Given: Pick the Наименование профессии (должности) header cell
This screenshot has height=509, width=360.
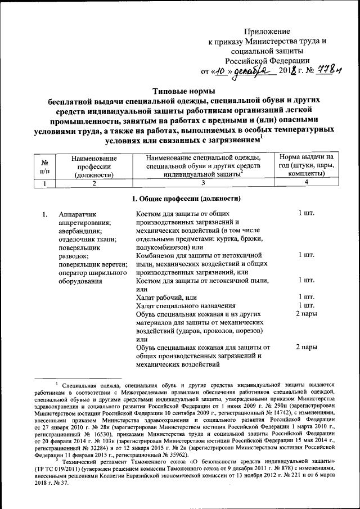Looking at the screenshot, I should [x=94, y=166].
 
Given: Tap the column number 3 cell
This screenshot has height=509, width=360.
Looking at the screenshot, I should [x=204, y=182].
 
